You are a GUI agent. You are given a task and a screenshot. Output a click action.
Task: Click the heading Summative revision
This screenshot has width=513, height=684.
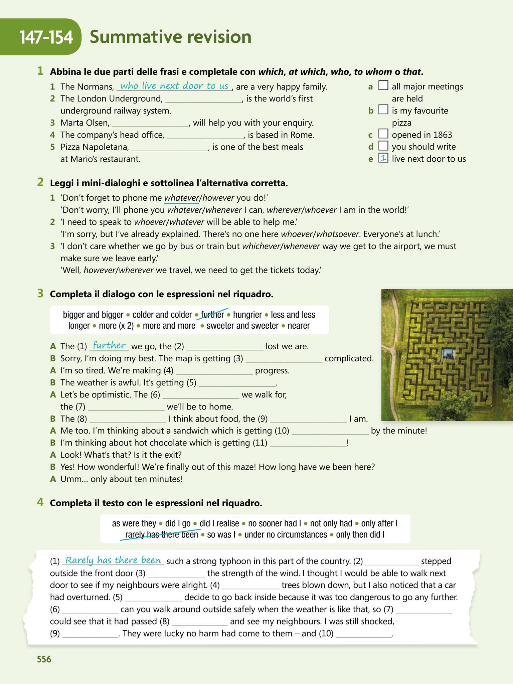[170, 37]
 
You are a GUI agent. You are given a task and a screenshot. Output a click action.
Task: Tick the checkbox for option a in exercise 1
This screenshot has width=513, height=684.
[383, 86]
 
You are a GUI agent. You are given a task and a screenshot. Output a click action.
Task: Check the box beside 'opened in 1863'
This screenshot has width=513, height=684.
[383, 134]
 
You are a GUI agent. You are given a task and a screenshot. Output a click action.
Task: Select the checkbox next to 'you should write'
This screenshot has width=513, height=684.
[383, 146]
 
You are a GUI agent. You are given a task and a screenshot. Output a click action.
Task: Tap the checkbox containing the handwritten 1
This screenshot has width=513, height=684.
[383, 158]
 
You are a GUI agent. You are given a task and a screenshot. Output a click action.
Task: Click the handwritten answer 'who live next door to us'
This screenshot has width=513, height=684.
[174, 86]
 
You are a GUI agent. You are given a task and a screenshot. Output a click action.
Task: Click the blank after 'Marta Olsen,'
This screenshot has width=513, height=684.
[150, 123]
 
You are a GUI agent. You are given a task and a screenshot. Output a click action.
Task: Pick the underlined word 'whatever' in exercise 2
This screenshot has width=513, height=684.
[181, 198]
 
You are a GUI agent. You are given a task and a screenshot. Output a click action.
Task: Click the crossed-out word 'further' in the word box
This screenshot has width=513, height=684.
[212, 315]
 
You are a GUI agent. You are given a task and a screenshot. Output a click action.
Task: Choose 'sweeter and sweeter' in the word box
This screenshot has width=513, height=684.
[242, 326]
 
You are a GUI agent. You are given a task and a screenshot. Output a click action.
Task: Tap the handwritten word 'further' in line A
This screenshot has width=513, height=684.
[109, 345]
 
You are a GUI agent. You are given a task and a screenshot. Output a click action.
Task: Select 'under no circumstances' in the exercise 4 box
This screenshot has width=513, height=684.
[286, 535]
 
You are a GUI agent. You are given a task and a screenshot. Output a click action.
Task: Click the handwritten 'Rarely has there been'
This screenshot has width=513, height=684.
[113, 560]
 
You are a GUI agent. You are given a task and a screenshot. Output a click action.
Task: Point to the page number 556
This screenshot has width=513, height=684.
[44, 659]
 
